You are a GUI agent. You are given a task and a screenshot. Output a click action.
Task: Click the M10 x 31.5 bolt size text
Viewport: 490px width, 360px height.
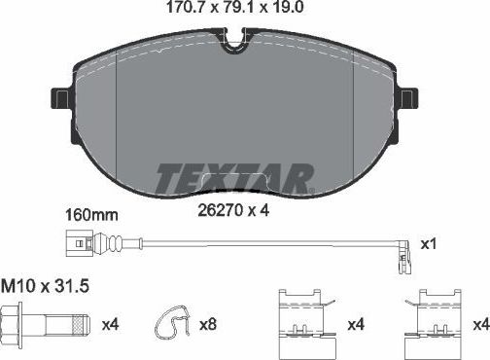coord(39,287)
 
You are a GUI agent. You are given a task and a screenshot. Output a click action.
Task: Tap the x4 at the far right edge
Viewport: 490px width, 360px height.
coord(479,323)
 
